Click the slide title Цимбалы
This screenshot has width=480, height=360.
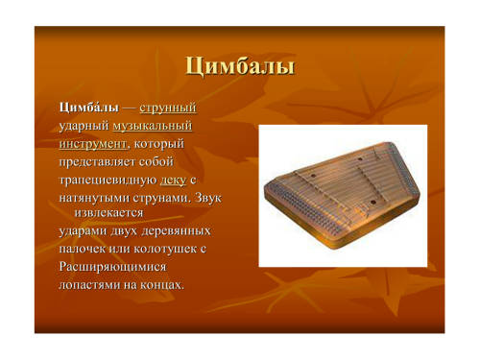click(240, 66)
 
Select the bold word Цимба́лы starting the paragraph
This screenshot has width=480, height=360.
click(89, 107)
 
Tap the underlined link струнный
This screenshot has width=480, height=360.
click(168, 108)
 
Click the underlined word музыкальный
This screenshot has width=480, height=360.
click(153, 127)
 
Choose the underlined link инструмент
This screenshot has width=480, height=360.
click(93, 144)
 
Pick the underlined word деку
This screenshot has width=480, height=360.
click(173, 180)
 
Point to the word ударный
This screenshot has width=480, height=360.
click(84, 127)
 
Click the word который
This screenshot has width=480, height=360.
click(159, 144)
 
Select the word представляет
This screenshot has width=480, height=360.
click(98, 162)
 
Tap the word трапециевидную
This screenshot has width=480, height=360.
click(108, 180)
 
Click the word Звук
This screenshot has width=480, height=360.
click(207, 198)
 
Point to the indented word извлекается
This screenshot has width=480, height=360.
click(108, 212)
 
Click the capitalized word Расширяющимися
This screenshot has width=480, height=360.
click(112, 267)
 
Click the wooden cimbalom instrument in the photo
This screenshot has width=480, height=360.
click(342, 195)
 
